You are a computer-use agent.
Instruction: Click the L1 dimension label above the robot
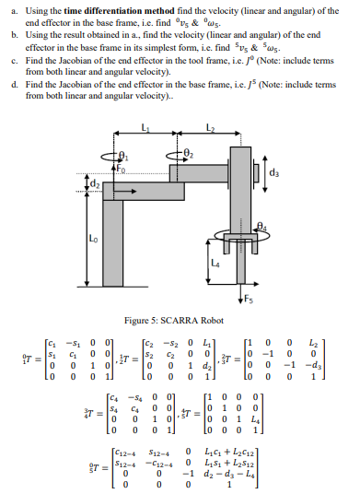click(x=145, y=126)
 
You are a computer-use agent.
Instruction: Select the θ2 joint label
click(x=191, y=153)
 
